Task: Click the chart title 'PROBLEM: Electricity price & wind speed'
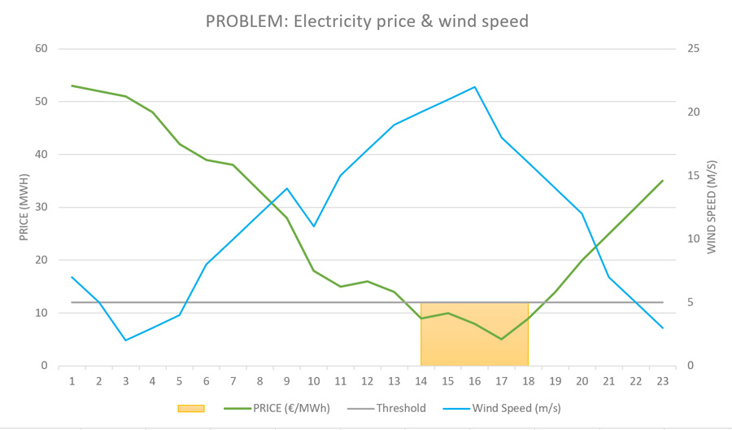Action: tap(366, 20)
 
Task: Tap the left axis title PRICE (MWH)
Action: tap(24, 207)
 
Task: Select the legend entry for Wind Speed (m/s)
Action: tap(504, 408)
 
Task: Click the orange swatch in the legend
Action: tap(190, 408)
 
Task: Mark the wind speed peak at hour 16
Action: tap(475, 86)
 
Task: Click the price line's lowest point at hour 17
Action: tap(502, 339)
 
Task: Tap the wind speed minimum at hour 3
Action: tap(125, 340)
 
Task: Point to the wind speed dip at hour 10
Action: tap(314, 226)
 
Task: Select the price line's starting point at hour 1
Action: tap(72, 86)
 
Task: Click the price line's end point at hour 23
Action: tap(663, 181)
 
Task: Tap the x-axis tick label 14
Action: tap(421, 380)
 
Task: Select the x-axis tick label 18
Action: tap(529, 380)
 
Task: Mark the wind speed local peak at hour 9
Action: tap(287, 188)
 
